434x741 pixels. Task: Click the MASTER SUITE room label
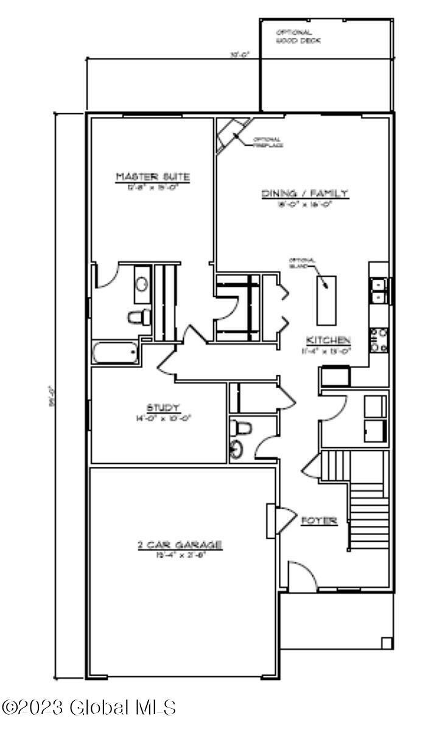pos(153,177)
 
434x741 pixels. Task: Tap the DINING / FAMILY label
pos(305,194)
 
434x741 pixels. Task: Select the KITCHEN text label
pos(327,340)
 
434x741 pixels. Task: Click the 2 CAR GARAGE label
pos(179,545)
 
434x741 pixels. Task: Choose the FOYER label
pos(319,521)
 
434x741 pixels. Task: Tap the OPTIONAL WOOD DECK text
pos(298,37)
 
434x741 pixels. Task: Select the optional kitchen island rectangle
pos(326,300)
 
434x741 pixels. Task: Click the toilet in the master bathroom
pos(139,316)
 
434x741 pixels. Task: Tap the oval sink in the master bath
pos(142,285)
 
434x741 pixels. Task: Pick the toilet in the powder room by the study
pos(242,428)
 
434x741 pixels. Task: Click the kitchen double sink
pos(379,291)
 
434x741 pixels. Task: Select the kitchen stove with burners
pos(379,339)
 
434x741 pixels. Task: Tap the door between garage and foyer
pos(280,520)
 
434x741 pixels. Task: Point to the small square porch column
pos(386,642)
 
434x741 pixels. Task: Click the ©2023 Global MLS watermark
pos(89,707)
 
